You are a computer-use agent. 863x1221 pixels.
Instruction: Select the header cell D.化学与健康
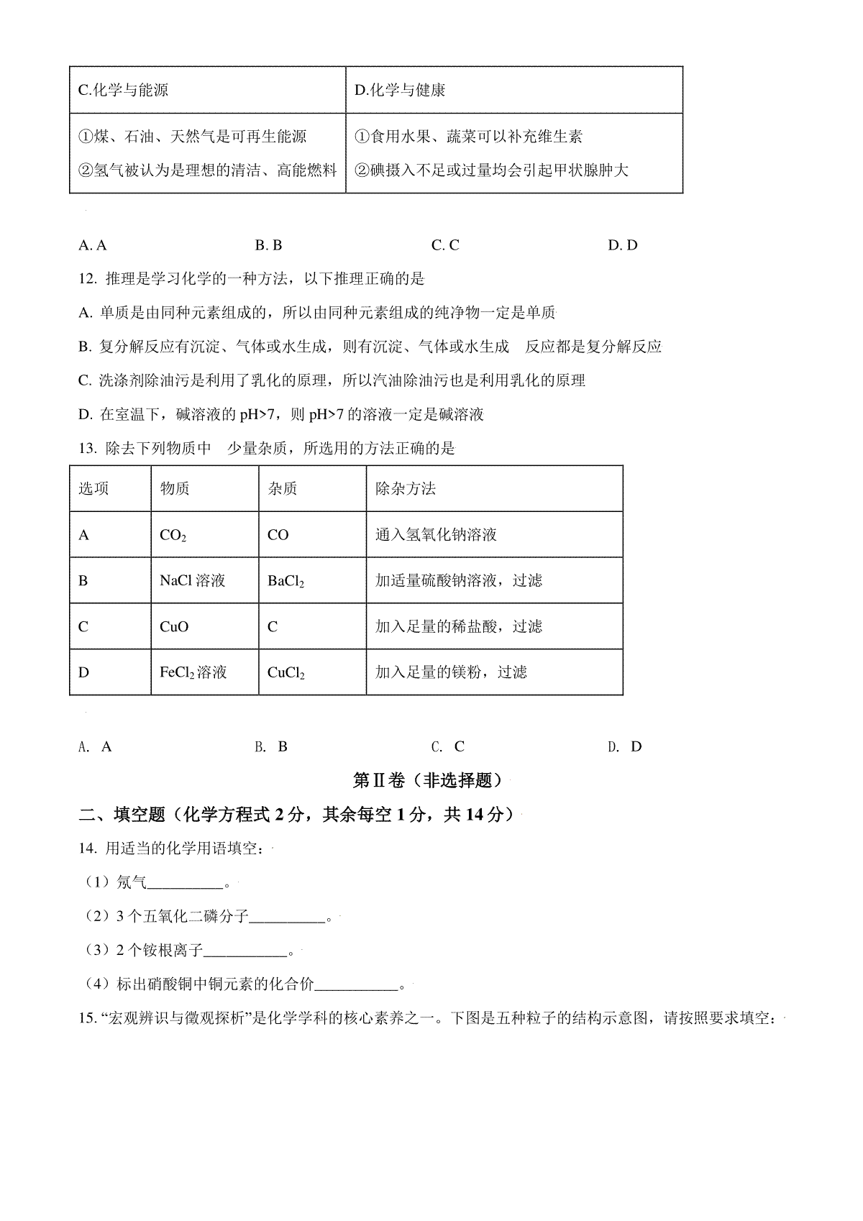coord(400,91)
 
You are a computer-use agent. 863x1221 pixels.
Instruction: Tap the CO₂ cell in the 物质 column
coord(173,536)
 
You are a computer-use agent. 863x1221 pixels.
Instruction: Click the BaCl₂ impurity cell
coord(286,581)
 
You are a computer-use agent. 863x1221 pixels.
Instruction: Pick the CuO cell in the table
coord(174,627)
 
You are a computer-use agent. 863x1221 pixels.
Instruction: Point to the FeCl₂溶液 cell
coord(193,673)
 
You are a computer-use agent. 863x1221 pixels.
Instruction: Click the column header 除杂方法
coord(406,489)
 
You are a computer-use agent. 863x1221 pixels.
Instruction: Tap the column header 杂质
coord(283,489)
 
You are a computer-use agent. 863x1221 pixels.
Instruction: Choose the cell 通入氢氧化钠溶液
coord(436,535)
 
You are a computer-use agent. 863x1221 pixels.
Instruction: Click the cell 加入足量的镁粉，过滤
coord(451,672)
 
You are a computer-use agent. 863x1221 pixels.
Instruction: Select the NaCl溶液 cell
coord(192,581)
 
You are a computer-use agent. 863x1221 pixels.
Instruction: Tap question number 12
coord(87,279)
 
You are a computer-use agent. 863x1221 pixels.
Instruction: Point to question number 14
coord(87,849)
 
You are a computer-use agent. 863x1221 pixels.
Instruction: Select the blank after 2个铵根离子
coord(246,952)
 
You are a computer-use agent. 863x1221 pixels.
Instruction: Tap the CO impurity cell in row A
coord(278,536)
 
